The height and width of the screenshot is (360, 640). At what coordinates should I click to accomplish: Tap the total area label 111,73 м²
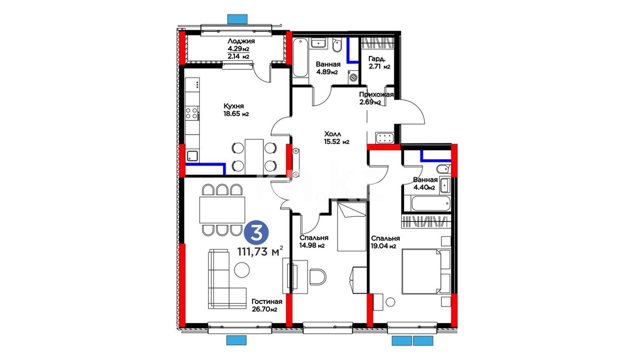tap(260, 251)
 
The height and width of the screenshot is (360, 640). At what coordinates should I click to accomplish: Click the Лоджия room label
tap(241, 41)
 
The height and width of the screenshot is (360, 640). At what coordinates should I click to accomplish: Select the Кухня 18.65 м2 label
tap(237, 110)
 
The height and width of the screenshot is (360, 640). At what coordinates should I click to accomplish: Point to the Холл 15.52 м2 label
tap(336, 138)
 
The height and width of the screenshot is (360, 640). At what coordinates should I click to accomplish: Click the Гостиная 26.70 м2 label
tap(267, 305)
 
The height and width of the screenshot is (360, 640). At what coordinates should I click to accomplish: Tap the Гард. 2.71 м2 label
tap(379, 62)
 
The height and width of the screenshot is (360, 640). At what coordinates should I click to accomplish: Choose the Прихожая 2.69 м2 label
tap(376, 98)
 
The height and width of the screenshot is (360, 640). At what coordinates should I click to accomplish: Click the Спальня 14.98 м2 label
tap(313, 241)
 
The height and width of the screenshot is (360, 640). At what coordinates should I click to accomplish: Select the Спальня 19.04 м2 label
tap(385, 242)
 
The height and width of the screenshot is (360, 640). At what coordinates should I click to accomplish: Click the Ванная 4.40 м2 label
tap(425, 184)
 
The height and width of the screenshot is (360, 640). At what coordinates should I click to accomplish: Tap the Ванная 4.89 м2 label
tap(328, 68)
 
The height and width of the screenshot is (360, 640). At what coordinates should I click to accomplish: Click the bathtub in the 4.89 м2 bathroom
tap(301, 57)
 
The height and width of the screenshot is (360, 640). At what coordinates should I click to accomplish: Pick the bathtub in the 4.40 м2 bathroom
tap(431, 203)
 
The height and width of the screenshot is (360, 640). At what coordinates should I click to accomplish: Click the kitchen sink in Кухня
tap(192, 155)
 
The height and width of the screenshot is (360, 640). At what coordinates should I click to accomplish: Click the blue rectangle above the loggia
tap(237, 18)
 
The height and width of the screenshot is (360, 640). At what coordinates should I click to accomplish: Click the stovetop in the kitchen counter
tap(192, 113)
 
